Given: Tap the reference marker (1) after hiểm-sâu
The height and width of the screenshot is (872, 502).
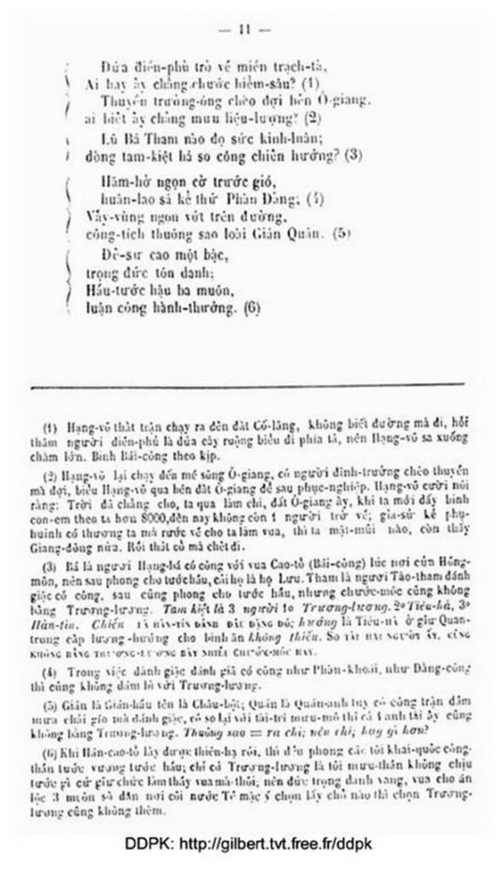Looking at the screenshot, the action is pos(310,84).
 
